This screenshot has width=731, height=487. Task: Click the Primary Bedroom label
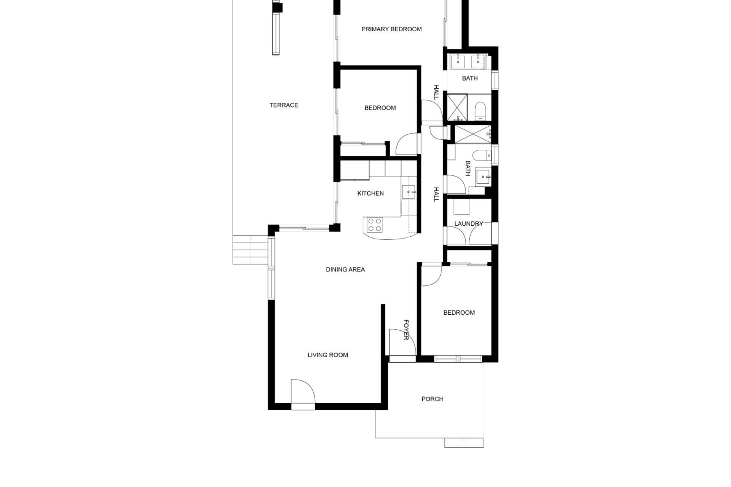coord(391,29)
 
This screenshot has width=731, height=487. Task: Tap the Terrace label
coord(284,105)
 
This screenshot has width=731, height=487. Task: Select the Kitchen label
coord(370,194)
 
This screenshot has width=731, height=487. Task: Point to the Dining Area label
coord(345,270)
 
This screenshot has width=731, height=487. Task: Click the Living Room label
coord(328,355)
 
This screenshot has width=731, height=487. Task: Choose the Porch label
coord(433,399)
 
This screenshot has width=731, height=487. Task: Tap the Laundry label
coord(469,224)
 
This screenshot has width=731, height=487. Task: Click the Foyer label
coord(406,330)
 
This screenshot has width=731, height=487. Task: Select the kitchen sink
coord(409,192)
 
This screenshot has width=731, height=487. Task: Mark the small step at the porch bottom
coord(464,442)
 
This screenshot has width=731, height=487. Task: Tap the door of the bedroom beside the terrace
coord(408,143)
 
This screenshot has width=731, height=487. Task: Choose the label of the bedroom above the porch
coord(459,313)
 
